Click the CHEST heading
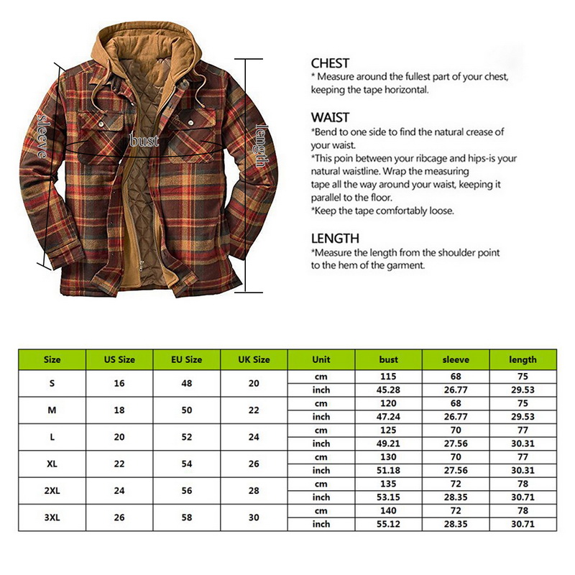330,63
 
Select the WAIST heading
330,117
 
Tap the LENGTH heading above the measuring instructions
335,238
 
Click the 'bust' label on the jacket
144,141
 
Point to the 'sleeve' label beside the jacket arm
42,136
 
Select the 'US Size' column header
119,359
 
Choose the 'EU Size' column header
187,359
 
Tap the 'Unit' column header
321,359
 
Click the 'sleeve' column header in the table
456,359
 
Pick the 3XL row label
52,517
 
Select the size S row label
52,383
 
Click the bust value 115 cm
388,377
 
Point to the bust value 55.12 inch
388,525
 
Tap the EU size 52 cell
187,437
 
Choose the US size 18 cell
119,410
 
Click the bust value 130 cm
388,457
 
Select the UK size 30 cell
254,517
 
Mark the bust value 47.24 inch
388,417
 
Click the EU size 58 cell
187,517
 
